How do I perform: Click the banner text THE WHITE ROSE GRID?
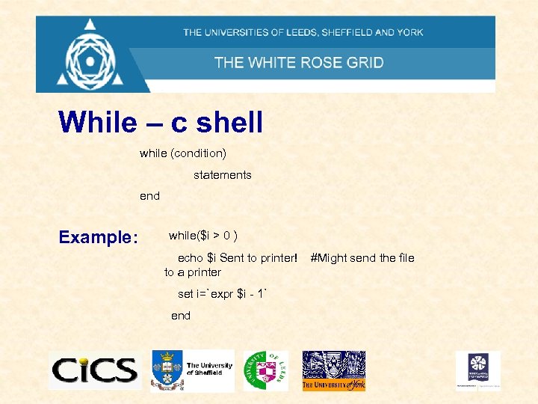(299, 62)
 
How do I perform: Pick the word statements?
(223, 175)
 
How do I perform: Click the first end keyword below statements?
(149, 196)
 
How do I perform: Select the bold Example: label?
(98, 238)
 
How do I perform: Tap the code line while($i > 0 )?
(203, 236)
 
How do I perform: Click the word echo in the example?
(191, 258)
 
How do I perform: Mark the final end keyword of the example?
(181, 316)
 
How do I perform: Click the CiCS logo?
(94, 370)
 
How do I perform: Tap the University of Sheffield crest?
(167, 370)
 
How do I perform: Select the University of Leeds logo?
(265, 370)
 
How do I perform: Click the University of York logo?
(333, 370)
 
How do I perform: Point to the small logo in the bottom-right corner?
(478, 370)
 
